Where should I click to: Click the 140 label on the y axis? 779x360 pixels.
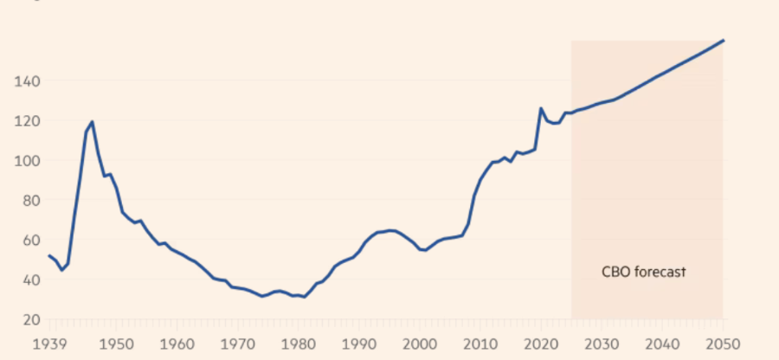tap(28, 81)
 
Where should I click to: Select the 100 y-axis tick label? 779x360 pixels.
tap(28, 161)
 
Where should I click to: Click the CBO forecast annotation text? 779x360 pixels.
tap(643, 272)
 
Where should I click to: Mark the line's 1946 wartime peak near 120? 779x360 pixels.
tap(92, 122)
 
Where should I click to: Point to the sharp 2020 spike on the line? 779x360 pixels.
tap(541, 109)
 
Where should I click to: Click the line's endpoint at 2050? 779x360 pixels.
tap(723, 41)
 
